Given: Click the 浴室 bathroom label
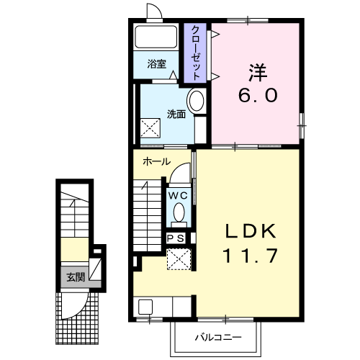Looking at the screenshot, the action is (x=157, y=64).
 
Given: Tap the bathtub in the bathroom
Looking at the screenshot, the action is (x=156, y=37).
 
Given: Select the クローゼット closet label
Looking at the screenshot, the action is (x=195, y=53).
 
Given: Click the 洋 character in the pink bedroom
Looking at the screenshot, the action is (x=258, y=73).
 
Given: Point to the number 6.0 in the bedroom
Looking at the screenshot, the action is (x=258, y=95).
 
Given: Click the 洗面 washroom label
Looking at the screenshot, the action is (x=176, y=114).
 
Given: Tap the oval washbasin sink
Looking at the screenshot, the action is (x=197, y=101).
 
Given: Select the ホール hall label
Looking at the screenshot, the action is (x=156, y=161).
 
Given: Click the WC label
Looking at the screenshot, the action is (x=178, y=196).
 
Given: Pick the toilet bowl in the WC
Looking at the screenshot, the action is (x=179, y=212).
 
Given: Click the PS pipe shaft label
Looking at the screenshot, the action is (x=176, y=238).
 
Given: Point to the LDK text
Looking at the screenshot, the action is (x=251, y=231).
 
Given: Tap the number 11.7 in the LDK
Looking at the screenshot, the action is (x=251, y=256).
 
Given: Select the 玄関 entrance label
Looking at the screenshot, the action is (x=76, y=277).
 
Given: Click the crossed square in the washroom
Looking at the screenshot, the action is (x=150, y=128).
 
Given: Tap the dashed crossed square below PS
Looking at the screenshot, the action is (x=179, y=259).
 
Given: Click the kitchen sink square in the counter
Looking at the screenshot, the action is (x=145, y=307).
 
